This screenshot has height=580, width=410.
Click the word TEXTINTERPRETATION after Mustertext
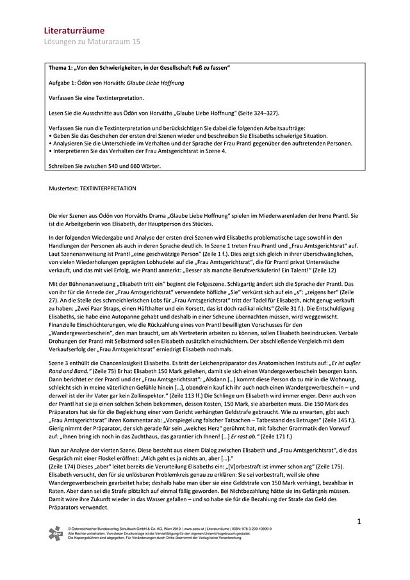pos(110,188)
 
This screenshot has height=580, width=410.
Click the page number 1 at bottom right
pos(360,522)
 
